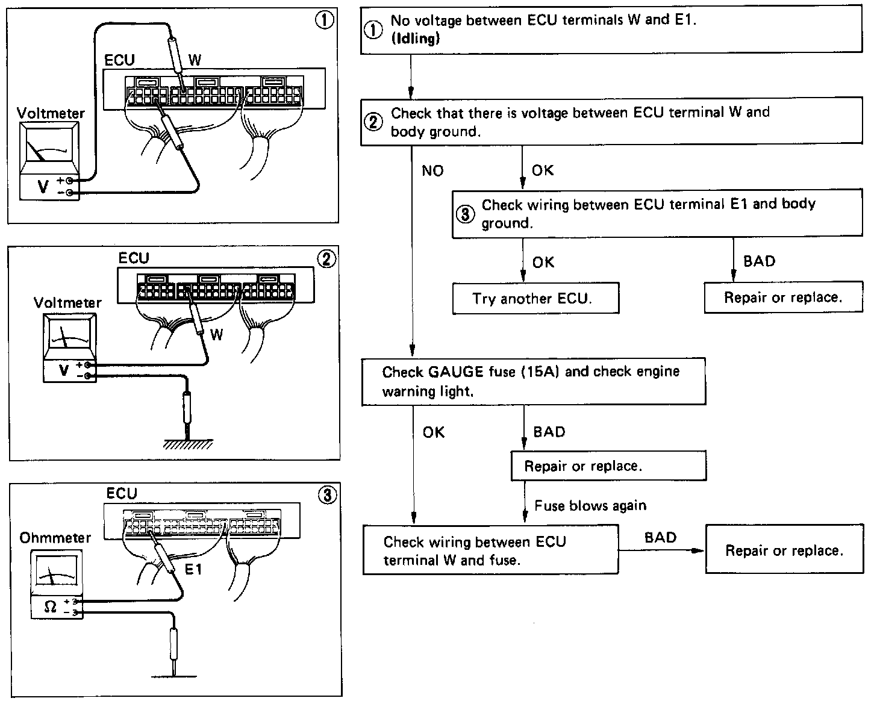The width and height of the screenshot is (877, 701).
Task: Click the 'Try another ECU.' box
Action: point(536,298)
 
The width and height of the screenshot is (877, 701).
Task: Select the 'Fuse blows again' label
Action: point(590,506)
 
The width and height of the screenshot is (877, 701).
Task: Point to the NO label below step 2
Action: point(432,171)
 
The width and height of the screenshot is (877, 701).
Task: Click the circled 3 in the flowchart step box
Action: point(465,214)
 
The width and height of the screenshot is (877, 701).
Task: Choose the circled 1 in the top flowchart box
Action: point(373,30)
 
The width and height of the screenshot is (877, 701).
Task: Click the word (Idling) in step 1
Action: point(415,39)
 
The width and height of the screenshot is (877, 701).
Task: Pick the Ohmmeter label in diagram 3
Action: point(55,538)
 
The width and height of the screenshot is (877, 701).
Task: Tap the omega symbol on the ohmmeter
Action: point(50,607)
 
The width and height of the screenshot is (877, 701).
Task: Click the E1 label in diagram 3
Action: point(193,569)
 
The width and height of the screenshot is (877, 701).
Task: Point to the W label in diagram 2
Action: point(217,335)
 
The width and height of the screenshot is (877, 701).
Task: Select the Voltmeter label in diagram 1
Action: point(51,113)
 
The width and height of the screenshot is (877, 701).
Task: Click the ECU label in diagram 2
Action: point(134,258)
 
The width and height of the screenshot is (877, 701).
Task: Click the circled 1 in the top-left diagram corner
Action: point(325,20)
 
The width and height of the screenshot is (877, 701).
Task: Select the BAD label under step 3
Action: point(759,261)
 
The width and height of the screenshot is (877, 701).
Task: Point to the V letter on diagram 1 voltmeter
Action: point(43,187)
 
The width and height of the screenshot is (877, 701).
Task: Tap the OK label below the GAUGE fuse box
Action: point(434,432)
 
